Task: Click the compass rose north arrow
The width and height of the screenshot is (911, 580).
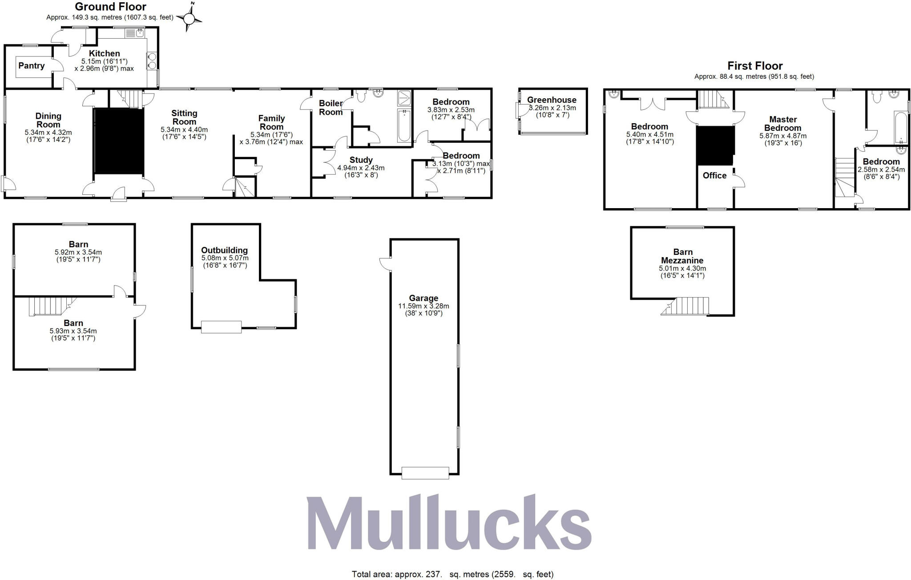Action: coord(189,18)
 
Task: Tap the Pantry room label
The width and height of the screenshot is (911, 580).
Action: coord(31,66)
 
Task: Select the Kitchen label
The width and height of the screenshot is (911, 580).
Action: coord(105,53)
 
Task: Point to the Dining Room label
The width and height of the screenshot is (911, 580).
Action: coord(48,120)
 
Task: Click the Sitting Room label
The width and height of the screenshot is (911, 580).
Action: coord(184,117)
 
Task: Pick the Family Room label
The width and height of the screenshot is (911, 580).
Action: coord(271,122)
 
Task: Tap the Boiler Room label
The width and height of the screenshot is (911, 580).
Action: coord(331,108)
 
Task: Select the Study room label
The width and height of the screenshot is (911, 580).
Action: coord(361,160)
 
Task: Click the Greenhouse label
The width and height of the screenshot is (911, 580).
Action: coord(552,100)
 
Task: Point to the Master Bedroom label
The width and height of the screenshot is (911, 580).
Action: coord(783,123)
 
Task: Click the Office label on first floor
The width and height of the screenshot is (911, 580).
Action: coord(714,176)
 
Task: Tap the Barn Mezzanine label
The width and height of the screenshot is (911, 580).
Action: coord(682,256)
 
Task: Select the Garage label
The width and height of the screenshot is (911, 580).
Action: coord(423,298)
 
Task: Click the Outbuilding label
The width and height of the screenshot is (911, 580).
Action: coord(224,250)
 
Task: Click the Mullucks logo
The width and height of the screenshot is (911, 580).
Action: coord(448,524)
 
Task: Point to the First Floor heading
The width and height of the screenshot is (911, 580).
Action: coord(755,66)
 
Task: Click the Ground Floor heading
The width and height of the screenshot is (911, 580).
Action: coord(110,7)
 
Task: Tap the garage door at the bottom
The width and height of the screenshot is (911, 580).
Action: coord(425,473)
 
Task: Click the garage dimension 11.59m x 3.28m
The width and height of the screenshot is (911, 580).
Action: coord(423,306)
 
